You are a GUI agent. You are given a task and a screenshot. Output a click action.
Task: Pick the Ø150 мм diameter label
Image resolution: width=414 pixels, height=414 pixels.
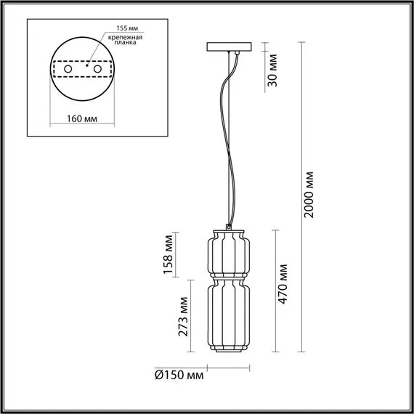click(179, 376)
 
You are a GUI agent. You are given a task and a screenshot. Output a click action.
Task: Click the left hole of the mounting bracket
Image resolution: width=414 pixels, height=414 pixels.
click(68, 69)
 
